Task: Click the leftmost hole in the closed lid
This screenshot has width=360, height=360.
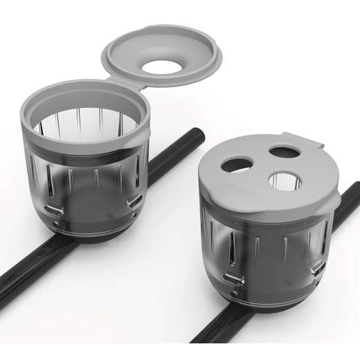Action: click(x=235, y=165)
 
